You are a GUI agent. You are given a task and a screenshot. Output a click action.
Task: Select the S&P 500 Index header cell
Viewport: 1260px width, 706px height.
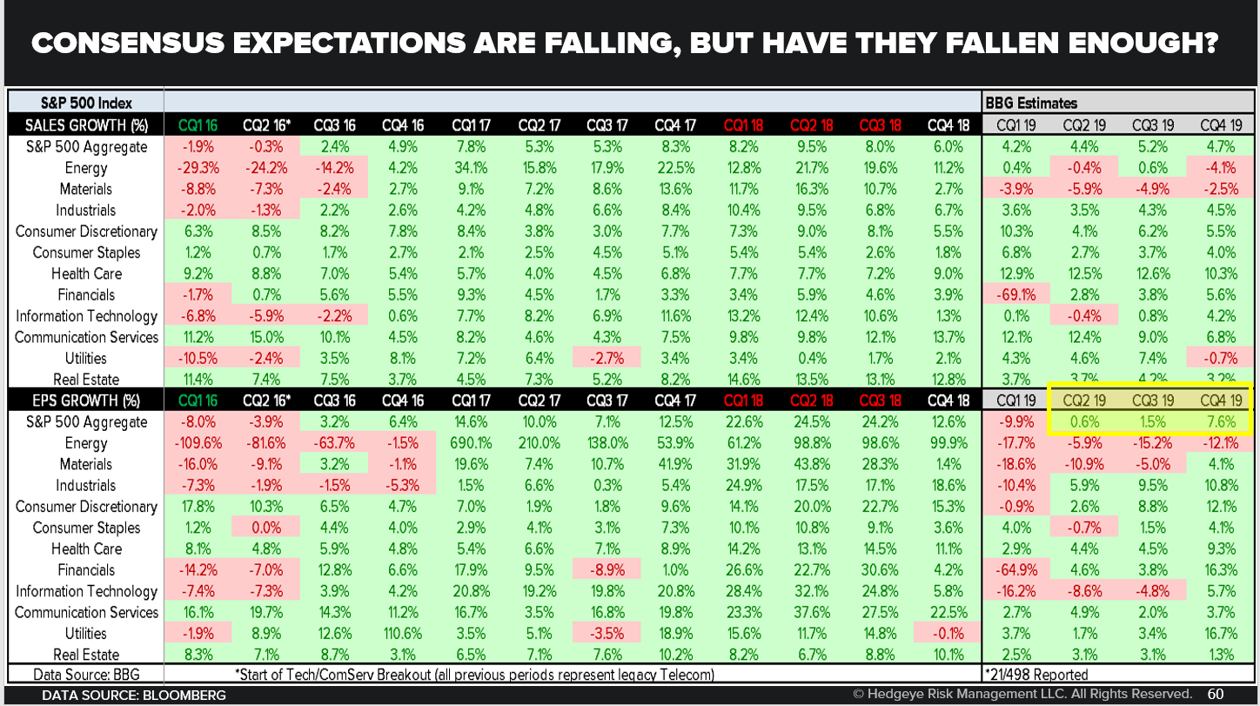[85, 104]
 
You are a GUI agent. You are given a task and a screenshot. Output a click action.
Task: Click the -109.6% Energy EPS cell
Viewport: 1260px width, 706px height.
[198, 443]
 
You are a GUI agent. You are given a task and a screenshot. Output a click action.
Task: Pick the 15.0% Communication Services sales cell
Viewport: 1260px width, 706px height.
[265, 337]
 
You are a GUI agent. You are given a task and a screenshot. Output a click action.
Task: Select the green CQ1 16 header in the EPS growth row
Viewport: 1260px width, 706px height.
[198, 400]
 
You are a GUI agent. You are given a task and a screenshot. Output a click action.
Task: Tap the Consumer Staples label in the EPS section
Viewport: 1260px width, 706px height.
[85, 528]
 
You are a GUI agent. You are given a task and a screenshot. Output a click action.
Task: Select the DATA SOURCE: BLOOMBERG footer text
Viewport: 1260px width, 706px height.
[134, 695]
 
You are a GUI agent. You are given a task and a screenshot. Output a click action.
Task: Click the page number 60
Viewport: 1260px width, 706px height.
[1216, 694]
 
